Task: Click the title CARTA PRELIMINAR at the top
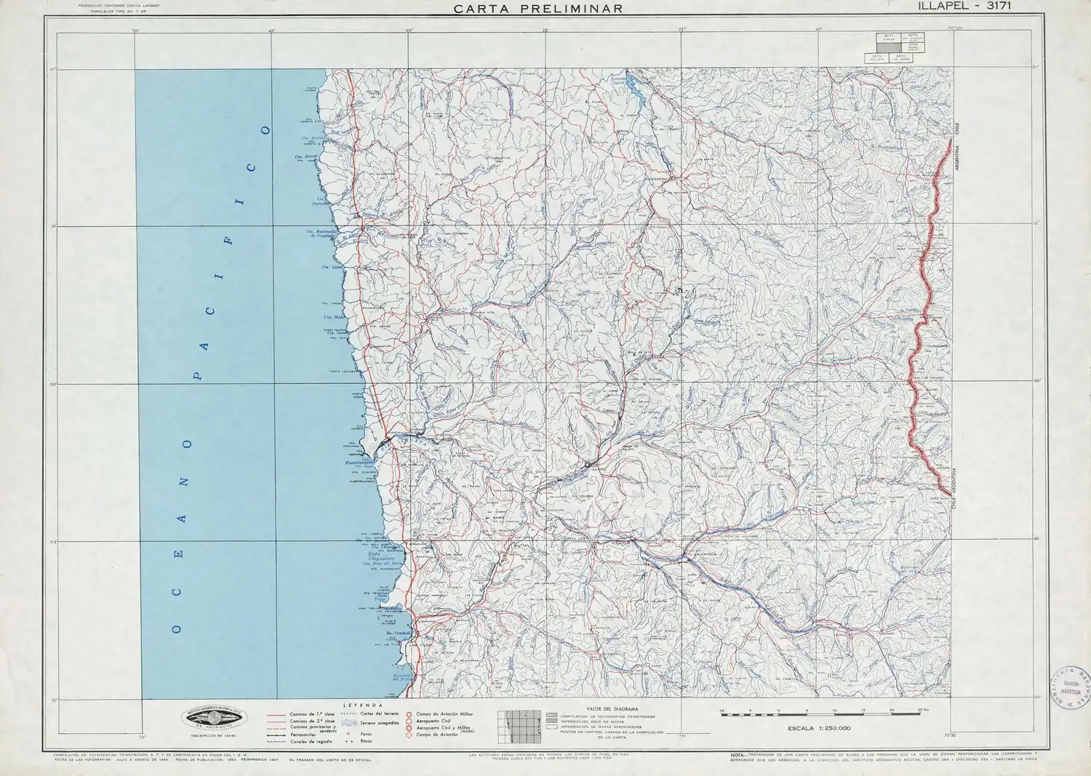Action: click(x=537, y=9)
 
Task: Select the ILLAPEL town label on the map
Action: click(x=599, y=470)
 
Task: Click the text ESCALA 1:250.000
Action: click(x=818, y=728)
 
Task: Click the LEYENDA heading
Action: click(x=363, y=705)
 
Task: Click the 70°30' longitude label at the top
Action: click(x=954, y=29)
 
